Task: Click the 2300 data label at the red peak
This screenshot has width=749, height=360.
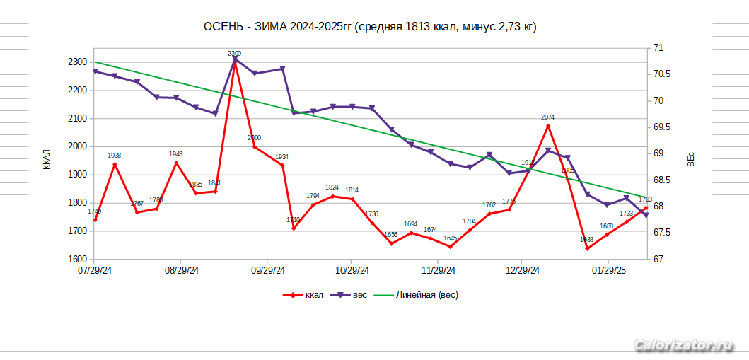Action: click(x=235, y=54)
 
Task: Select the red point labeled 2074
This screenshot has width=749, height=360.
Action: click(x=548, y=126)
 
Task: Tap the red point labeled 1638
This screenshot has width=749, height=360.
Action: click(x=587, y=248)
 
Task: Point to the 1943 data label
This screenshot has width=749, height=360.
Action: click(x=176, y=154)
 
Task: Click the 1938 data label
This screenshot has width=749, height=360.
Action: click(x=115, y=156)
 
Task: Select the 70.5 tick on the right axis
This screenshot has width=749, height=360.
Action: click(x=663, y=74)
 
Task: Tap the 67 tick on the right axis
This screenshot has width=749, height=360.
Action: click(x=658, y=259)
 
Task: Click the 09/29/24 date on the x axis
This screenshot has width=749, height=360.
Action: click(x=268, y=271)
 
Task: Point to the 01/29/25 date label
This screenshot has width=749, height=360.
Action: click(x=609, y=271)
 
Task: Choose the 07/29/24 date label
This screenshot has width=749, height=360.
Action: click(x=95, y=271)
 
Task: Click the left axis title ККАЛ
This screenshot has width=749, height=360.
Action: click(x=47, y=160)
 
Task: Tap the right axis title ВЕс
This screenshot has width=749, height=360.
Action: click(x=691, y=160)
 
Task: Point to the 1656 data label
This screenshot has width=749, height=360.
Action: click(x=390, y=235)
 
